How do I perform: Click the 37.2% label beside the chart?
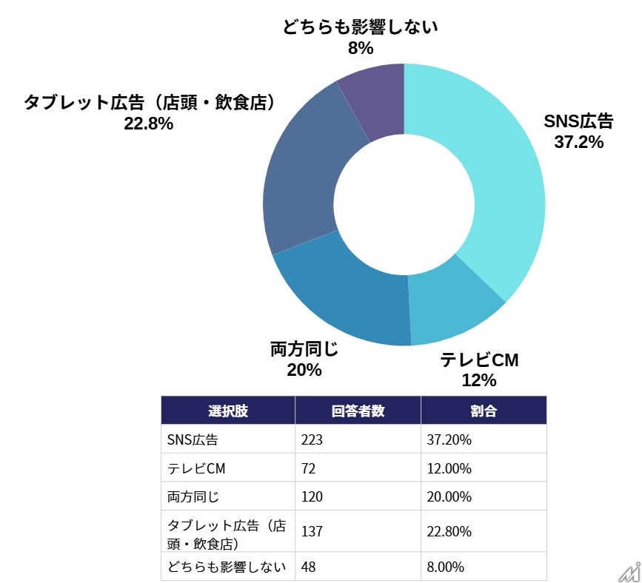point(578,141)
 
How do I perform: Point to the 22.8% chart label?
point(148,124)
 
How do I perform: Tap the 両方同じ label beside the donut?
point(304,349)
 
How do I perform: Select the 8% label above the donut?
point(360,49)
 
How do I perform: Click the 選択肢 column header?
point(228,411)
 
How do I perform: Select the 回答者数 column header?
point(358,411)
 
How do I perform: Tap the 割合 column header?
point(484,411)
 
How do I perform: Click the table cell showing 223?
point(312,440)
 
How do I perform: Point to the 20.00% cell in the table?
point(449,496)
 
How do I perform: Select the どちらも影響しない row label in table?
point(227,567)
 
